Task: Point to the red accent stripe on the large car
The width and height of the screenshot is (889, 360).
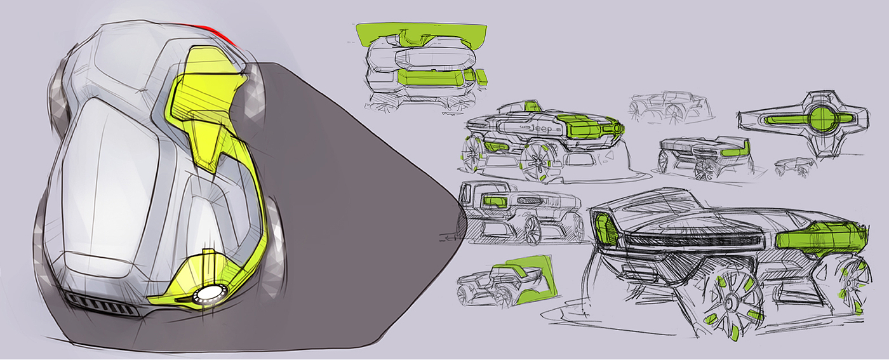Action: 217,34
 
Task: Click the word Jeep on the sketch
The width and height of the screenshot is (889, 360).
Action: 541,128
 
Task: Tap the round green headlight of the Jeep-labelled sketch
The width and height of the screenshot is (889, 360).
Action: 617,128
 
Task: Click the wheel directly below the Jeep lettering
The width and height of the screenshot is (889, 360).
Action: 538,161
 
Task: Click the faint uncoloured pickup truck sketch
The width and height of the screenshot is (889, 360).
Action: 671,107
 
